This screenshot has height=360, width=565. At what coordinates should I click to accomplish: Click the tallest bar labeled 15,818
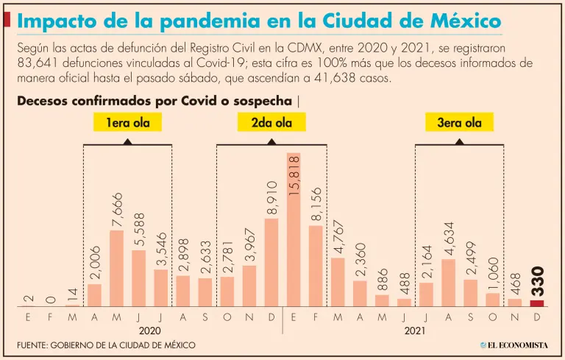pos(294,230)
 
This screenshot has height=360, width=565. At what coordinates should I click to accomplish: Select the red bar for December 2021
pos(537,303)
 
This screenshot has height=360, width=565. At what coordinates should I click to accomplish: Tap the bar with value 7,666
pos(116,269)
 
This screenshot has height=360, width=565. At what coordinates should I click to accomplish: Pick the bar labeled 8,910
pos(271,263)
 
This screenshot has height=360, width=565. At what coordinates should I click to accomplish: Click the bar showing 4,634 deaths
pos(448,283)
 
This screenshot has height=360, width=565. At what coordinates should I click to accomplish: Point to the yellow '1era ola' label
pos(127,123)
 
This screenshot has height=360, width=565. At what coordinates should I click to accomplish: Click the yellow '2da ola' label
pos(271,123)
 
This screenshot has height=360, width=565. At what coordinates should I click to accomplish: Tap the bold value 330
pos(537,281)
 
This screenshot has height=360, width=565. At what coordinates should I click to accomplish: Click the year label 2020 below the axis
pos(149,331)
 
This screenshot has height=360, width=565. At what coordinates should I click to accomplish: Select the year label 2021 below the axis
pos(414,331)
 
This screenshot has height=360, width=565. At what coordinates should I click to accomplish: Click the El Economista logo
pos(514,345)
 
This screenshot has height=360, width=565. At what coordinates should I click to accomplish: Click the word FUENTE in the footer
pos(34,345)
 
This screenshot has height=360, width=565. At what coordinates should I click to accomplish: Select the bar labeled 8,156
pos(316,266)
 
